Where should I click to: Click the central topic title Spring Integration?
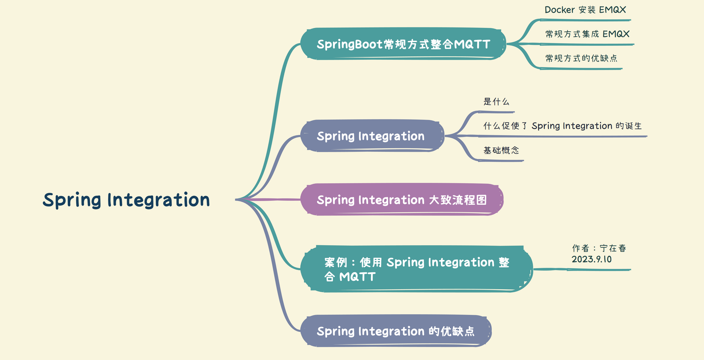click(126, 200)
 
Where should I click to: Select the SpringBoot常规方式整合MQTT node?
click(403, 44)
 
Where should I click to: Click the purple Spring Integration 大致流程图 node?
click(402, 200)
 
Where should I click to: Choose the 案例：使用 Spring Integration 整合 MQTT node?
click(416, 269)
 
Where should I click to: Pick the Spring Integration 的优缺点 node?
click(396, 331)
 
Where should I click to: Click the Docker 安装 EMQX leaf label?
click(585, 10)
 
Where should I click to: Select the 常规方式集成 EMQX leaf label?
click(587, 34)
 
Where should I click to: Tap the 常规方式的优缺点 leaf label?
click(581, 58)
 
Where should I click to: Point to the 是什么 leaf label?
click(496, 102)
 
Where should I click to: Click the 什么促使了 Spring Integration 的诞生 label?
click(562, 126)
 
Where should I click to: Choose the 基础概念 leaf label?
click(501, 150)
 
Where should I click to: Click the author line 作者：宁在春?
click(599, 248)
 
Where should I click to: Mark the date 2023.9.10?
click(591, 259)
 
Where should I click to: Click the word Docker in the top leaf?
click(560, 10)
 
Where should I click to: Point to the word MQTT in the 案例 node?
click(357, 277)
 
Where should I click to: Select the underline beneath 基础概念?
click(501, 161)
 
